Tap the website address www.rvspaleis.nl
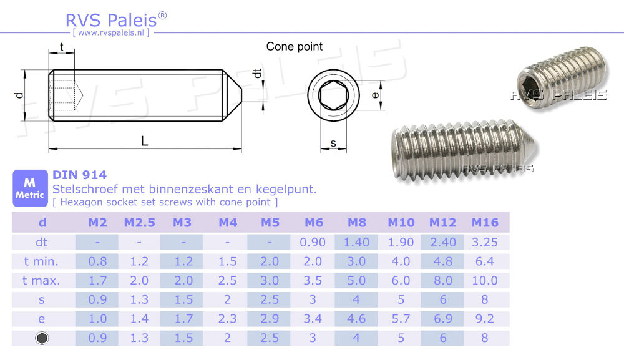click(x=111, y=32)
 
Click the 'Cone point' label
click(x=295, y=46)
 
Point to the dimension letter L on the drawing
click(x=145, y=141)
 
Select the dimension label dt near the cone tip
click(x=256, y=73)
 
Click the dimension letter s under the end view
click(x=333, y=144)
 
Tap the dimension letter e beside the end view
click(x=374, y=95)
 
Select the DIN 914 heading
click(x=79, y=175)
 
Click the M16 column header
click(x=484, y=223)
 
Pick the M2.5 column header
click(x=140, y=223)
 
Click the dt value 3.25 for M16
click(x=484, y=242)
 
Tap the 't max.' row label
click(x=41, y=281)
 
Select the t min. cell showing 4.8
click(x=442, y=261)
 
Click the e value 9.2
click(x=484, y=319)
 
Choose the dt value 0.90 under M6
click(x=313, y=242)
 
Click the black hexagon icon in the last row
click(x=42, y=338)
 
